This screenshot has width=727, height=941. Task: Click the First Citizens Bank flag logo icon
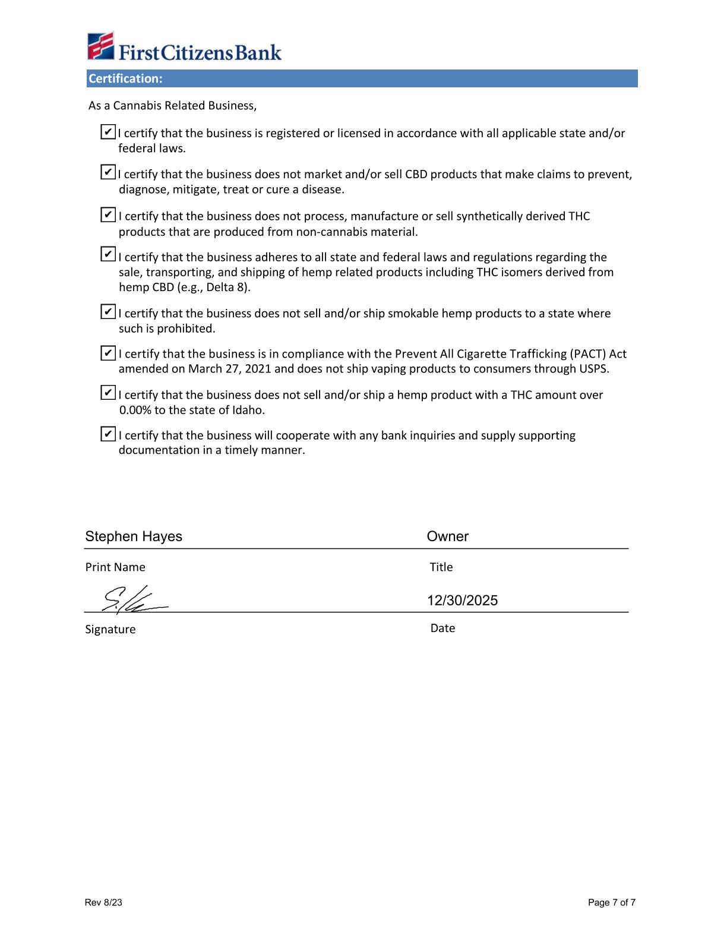coord(100,46)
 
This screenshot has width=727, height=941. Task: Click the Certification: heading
coord(125,78)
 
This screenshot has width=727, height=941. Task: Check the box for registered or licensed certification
coord(108,131)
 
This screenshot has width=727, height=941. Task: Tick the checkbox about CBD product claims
coord(108,172)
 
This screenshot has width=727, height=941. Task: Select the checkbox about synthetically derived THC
coord(108,214)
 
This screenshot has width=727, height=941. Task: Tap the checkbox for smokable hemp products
coord(108,311)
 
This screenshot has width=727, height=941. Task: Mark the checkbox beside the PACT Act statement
coord(108,353)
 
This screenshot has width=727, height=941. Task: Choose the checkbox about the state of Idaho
coord(108,393)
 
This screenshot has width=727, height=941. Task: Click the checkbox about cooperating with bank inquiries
coord(108,434)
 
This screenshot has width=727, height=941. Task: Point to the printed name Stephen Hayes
coord(134,536)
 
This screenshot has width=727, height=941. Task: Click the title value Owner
coord(448,536)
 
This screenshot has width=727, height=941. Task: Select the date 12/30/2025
coord(463,601)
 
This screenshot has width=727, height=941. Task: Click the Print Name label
coord(115,567)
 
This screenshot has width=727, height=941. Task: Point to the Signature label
coord(110,629)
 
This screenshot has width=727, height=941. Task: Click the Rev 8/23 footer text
coord(103,902)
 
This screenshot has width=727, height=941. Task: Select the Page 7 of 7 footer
coord(612,902)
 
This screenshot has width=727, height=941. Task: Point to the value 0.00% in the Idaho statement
coord(135,410)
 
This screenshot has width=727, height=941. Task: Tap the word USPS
coord(593,369)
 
